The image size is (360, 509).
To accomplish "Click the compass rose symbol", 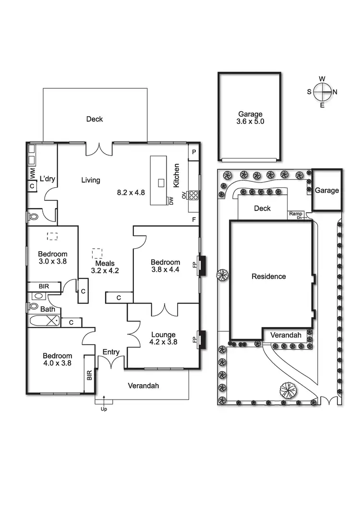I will click(322, 91).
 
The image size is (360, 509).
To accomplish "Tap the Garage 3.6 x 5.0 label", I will click(250, 118).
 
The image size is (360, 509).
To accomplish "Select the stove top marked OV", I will click(193, 195).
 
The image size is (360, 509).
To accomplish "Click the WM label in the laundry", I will click(32, 170).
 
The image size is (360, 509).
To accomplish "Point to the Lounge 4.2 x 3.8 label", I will click(163, 339).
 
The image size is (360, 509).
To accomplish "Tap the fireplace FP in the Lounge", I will click(203, 339).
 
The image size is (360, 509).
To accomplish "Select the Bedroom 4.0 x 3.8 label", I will click(57, 359).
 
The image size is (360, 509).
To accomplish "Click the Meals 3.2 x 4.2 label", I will click(105, 267).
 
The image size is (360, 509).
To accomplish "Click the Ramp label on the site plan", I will click(295, 213).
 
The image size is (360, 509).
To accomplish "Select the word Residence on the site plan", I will click(269, 276).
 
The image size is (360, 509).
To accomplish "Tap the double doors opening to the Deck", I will click(99, 149).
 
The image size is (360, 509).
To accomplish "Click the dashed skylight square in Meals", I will click(97, 252).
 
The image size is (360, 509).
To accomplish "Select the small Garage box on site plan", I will click(327, 190).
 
